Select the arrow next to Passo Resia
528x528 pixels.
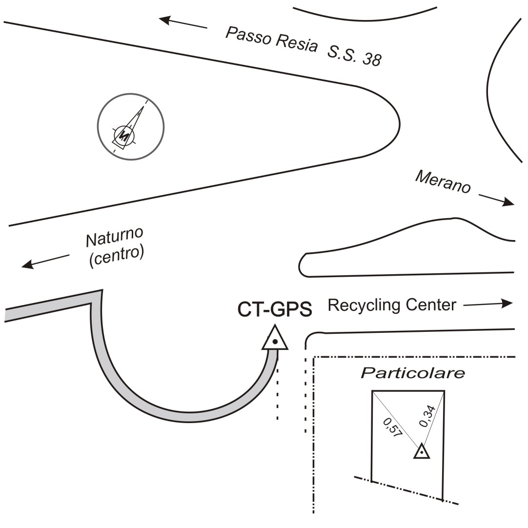tap(183, 22)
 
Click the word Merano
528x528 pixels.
tap(443, 182)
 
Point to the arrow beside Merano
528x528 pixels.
tap(496, 199)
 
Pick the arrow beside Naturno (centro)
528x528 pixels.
tap(46, 261)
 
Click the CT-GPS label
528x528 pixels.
tap(274, 309)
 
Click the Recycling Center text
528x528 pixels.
tap(391, 305)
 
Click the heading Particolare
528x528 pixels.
tap(412, 373)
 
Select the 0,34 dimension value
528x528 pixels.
tap(428, 416)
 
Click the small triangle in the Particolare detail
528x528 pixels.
tap(422, 452)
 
